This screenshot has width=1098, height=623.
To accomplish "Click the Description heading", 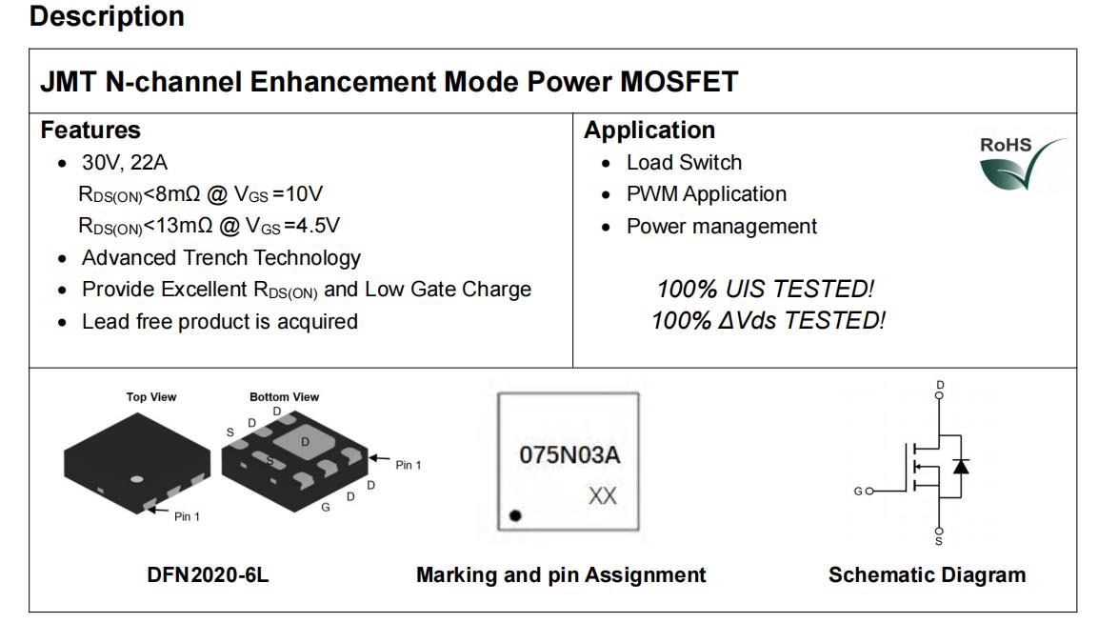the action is point(107,17).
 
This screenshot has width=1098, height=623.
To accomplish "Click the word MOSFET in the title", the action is point(679,82).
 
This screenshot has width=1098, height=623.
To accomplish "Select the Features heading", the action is point(90,131).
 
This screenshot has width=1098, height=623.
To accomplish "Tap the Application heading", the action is point(649,131).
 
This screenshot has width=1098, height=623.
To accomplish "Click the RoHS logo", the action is point(1021,163).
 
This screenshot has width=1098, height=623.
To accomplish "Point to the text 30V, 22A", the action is point(125,163).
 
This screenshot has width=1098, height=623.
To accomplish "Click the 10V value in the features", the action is point(305,194).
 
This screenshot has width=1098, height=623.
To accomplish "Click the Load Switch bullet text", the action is point(684,163).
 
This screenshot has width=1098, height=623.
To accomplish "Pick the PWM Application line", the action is point(707,194).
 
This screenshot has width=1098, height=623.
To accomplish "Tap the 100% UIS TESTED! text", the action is point(766,289).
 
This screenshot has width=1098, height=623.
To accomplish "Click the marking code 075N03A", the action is point(569,455).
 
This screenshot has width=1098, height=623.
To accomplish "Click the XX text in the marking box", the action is point(602,496).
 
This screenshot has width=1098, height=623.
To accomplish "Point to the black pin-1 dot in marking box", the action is point(515,515).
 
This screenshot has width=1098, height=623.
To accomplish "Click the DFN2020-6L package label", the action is point(208,575).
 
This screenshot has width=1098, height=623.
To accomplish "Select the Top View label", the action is point(151,396).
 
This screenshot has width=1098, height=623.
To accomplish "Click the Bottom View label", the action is point(285,396).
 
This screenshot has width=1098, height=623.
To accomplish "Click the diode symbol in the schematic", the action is point(961,466).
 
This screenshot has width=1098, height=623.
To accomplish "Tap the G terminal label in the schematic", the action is point(858,492).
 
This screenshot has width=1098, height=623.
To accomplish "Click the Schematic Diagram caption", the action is point(928,575).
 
